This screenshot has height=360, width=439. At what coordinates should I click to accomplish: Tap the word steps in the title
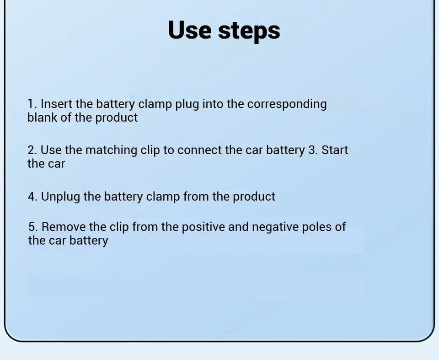(249, 31)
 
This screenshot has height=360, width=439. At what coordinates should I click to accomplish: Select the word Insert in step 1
(56, 104)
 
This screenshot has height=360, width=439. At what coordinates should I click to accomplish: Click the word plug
(187, 105)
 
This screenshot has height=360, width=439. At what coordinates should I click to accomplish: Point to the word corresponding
(287, 105)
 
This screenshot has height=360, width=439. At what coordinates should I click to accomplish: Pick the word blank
(42, 118)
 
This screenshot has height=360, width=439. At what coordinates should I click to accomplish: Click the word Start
(335, 150)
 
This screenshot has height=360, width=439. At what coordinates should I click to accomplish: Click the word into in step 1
(213, 104)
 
